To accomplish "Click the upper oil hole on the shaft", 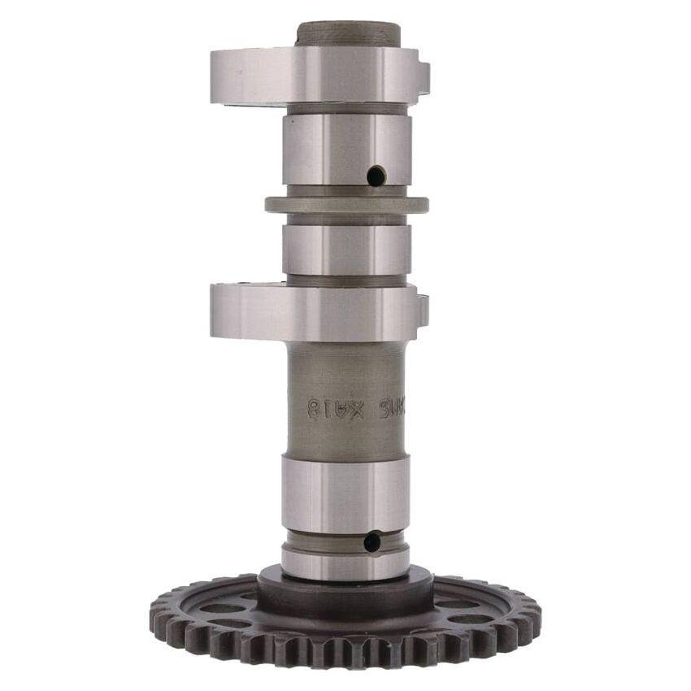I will click(x=376, y=175).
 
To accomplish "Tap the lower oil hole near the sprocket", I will click(x=372, y=541).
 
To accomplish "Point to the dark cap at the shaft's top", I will click(x=348, y=34).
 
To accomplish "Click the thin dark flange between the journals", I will click(x=347, y=204).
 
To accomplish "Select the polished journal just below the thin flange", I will click(x=346, y=249).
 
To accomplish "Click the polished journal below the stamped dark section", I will click(x=345, y=483).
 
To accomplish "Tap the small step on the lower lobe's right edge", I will click(x=423, y=310).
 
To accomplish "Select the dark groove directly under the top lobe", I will click(x=347, y=109).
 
